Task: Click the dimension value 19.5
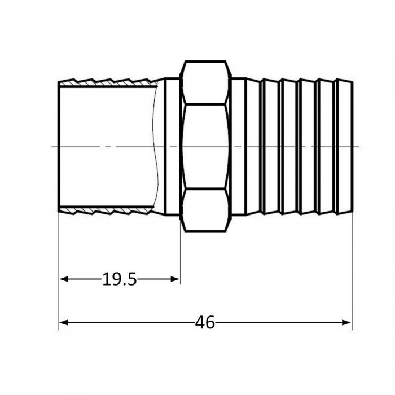tap(119, 279)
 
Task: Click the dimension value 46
tap(205, 322)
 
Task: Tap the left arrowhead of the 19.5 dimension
tap(63, 279)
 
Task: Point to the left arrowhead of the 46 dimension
tap(63, 322)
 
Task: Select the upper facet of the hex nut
tap(206, 82)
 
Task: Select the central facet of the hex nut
tap(206, 147)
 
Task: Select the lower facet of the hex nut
tap(206, 211)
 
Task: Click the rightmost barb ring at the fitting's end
tap(344, 147)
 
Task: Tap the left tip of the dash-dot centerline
tap(52, 147)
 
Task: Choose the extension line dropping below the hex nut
tap(180, 254)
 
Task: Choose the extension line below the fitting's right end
tap(351, 271)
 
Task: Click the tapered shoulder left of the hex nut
tap(169, 147)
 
